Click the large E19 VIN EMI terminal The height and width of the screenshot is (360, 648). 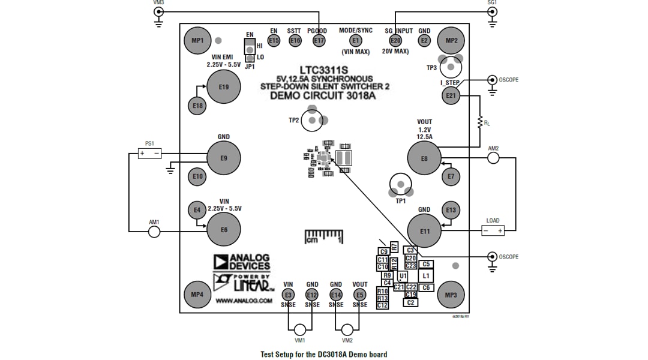(223, 87)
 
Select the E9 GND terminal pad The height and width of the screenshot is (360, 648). (223, 158)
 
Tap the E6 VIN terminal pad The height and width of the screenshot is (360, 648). (223, 229)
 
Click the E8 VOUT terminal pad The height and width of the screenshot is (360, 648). (424, 158)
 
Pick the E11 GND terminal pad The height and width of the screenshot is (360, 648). (424, 231)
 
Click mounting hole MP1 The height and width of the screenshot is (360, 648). (197, 41)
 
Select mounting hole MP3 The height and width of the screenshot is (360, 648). (451, 295)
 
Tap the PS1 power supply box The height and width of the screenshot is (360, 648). (149, 154)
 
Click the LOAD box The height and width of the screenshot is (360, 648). (493, 230)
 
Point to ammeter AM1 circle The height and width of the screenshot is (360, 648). (154, 231)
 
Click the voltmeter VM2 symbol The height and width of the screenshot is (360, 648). (346, 329)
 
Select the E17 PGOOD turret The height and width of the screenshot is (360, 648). (318, 40)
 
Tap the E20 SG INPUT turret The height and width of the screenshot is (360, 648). (395, 40)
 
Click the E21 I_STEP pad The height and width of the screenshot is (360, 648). (451, 95)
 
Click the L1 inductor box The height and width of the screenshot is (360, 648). (426, 276)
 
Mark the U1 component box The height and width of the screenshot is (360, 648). (403, 276)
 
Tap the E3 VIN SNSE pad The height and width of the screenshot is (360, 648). (288, 295)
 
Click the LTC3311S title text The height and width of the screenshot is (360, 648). (324, 70)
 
